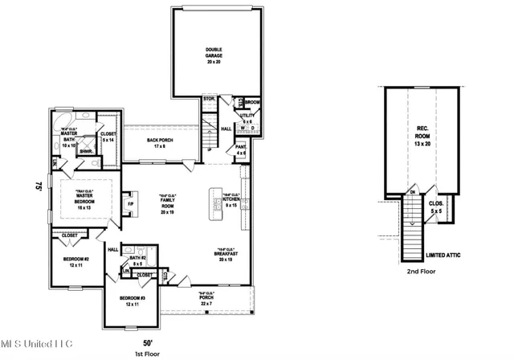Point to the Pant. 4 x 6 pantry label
pos(240,149)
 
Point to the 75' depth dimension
pos(38,186)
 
